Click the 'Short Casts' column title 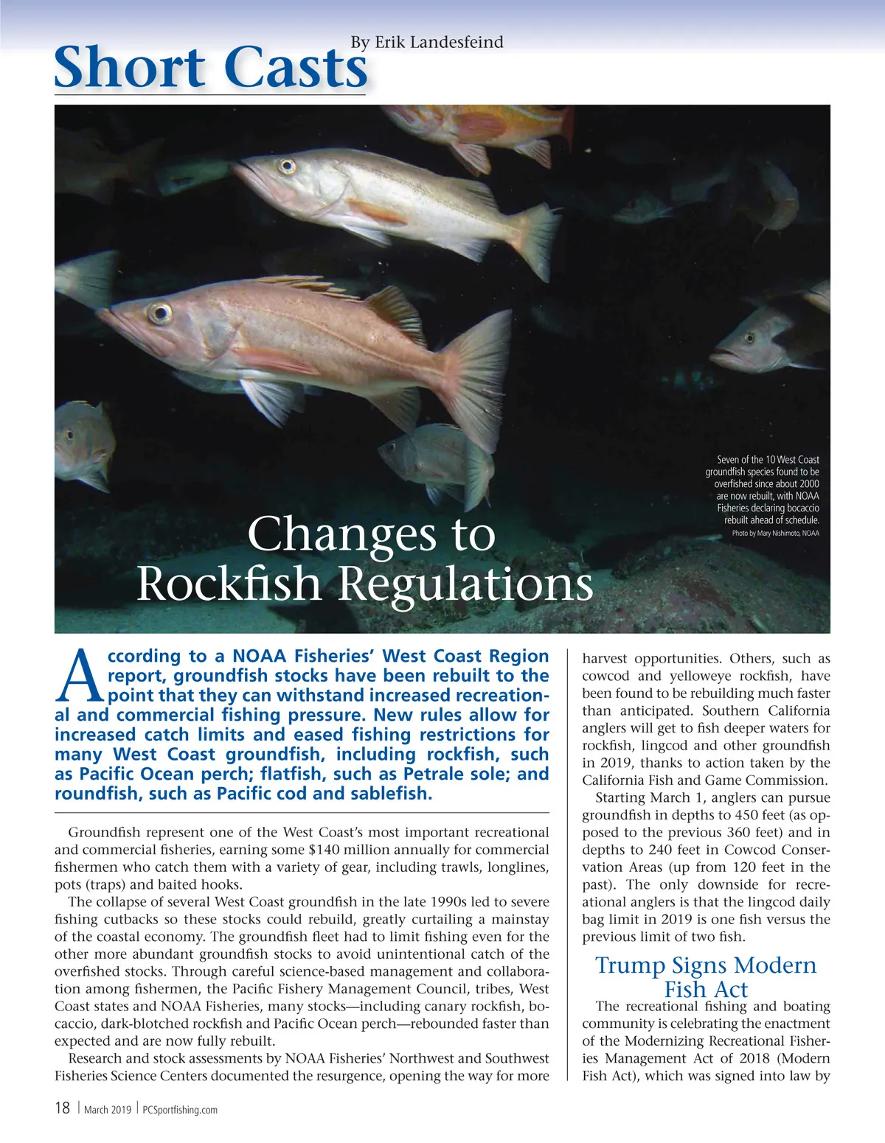211,68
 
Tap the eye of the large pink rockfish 159,314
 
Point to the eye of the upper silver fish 287,167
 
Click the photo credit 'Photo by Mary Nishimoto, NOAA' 775,533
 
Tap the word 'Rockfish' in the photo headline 230,584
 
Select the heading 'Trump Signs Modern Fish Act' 706,976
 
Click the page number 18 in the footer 63,1108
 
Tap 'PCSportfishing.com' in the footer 179,1110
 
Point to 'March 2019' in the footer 108,1110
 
